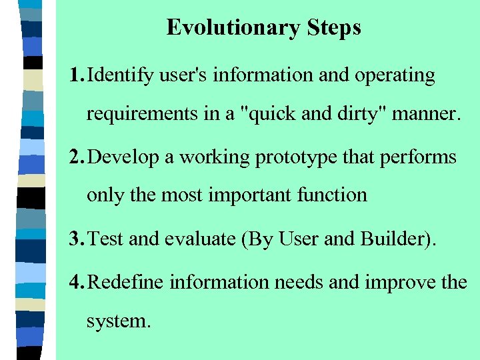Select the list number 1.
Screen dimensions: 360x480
point(75,75)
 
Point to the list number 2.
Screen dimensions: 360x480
point(75,157)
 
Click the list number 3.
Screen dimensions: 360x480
point(75,239)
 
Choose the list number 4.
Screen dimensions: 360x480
point(75,282)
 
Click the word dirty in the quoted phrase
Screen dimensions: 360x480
point(360,115)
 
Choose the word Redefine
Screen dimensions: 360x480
point(126,282)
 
